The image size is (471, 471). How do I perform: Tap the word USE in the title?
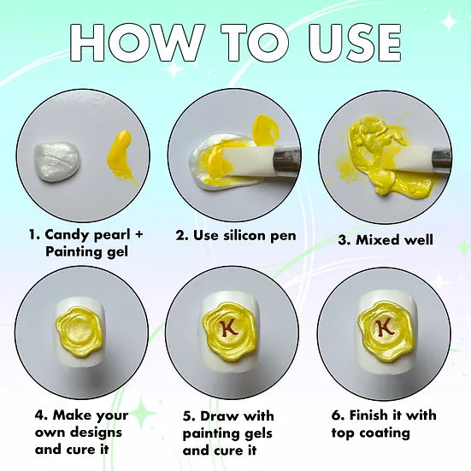356,43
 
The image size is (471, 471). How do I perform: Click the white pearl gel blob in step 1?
57,162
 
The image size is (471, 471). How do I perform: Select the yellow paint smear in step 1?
121,156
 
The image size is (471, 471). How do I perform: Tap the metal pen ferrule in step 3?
442,158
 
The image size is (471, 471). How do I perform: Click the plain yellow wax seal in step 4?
79,332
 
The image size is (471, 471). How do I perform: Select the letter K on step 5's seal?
228,327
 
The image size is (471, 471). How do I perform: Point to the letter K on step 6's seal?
385,327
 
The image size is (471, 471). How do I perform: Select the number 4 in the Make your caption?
40,415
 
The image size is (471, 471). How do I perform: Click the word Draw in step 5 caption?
220,416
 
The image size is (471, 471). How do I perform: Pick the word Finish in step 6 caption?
368,415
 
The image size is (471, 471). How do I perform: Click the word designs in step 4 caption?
96,433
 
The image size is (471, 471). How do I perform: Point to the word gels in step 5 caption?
258,433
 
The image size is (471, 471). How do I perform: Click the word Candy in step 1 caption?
68,235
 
